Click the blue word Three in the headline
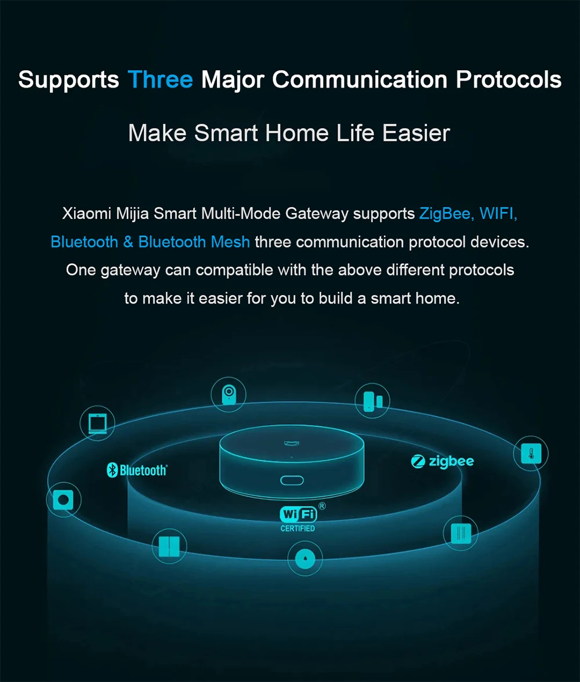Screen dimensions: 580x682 tap(160, 79)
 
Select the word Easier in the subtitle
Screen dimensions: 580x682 tap(416, 133)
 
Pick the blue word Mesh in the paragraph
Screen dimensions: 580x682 tap(230, 242)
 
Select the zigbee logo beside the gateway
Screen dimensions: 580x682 tap(443, 462)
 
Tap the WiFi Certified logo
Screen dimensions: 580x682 tap(298, 517)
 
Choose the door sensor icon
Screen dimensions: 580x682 tap(372, 400)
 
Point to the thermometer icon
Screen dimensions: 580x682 tap(530, 453)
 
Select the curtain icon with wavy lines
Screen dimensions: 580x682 tap(461, 533)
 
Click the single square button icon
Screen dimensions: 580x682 tap(63, 499)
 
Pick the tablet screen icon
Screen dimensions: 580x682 tap(97, 424)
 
